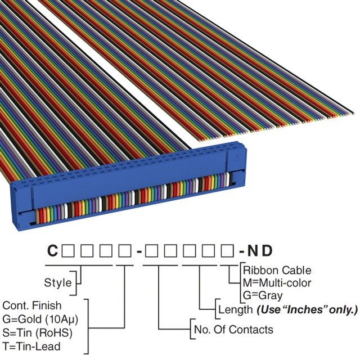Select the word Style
(x=58, y=282)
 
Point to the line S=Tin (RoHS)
(x=37, y=332)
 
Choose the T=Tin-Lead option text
(x=31, y=346)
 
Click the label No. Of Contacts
(x=233, y=330)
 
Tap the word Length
(x=235, y=309)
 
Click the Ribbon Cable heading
(x=277, y=271)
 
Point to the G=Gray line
(x=263, y=295)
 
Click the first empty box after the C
(x=67, y=250)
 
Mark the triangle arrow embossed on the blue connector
(x=239, y=152)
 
